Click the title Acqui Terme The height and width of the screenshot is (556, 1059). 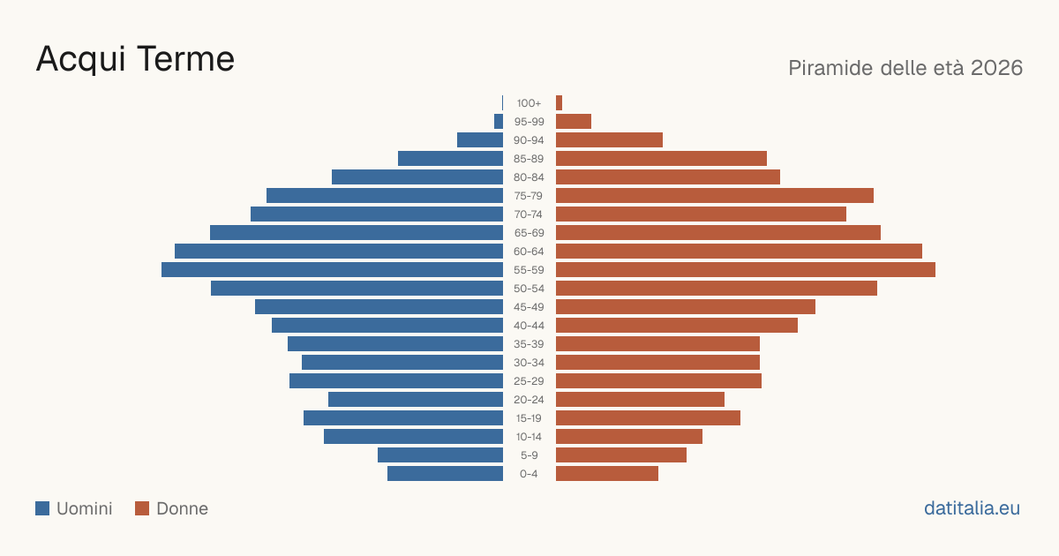tap(135, 60)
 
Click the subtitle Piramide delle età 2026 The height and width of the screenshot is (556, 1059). tap(905, 68)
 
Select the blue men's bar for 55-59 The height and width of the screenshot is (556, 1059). tap(333, 269)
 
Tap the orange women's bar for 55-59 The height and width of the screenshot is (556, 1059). tap(746, 269)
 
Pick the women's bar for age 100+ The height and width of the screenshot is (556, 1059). tap(559, 103)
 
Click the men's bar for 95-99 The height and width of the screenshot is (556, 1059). tap(499, 122)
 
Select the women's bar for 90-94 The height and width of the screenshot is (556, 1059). tap(610, 140)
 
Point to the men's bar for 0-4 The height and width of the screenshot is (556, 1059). tap(446, 474)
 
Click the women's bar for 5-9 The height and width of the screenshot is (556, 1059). tap(621, 455)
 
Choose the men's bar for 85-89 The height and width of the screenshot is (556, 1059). tap(451, 158)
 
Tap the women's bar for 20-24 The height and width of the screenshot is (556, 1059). tap(640, 400)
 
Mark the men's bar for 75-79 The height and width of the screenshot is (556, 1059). tap(385, 196)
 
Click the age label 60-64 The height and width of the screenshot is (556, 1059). tap(529, 252)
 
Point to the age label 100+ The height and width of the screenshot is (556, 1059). tap(529, 103)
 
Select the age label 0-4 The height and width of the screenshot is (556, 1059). tap(529, 474)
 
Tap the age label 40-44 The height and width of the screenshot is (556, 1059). tap(529, 326)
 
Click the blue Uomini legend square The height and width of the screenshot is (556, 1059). tap(42, 508)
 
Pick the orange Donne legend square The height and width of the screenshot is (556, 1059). tap(142, 508)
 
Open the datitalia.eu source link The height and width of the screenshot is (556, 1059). tap(972, 508)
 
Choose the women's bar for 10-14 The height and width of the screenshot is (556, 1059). tap(629, 436)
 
